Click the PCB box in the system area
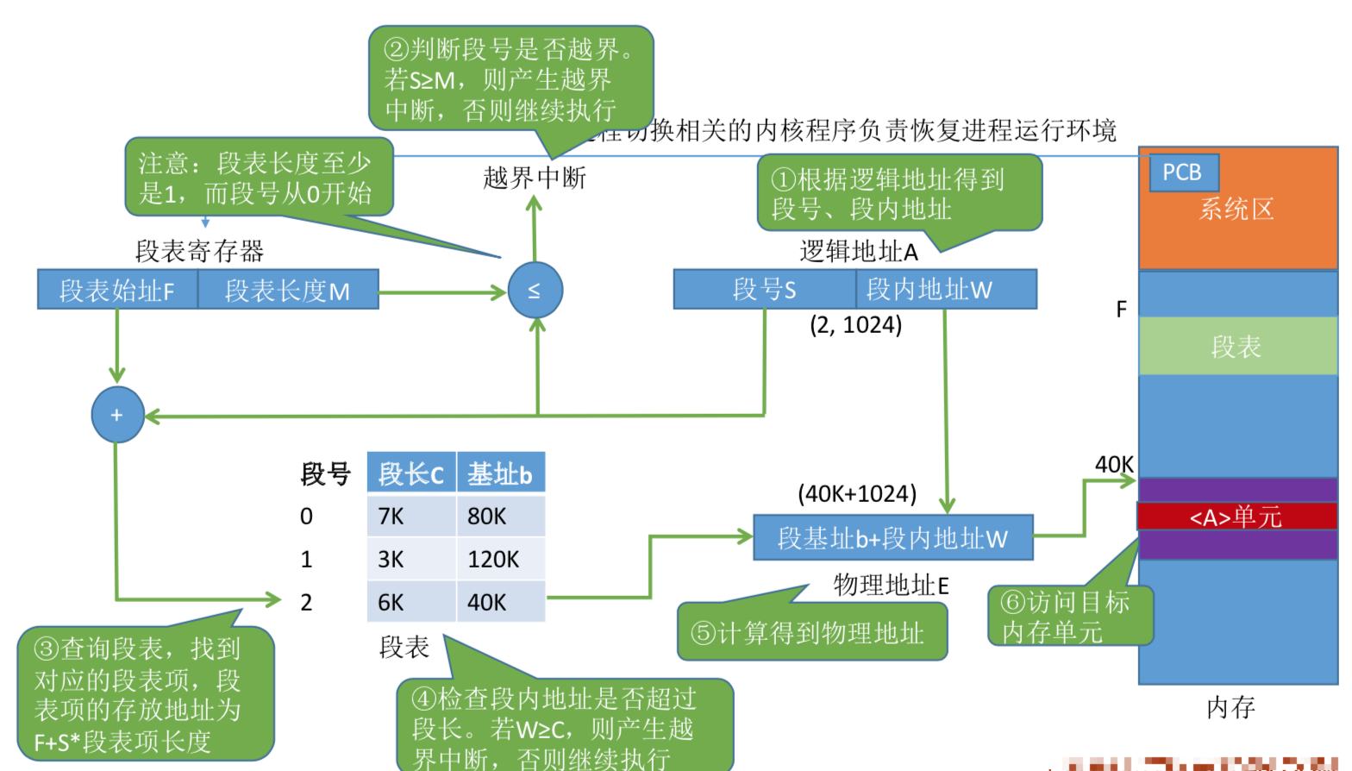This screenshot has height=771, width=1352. point(1183,172)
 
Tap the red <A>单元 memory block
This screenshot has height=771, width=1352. point(1236,517)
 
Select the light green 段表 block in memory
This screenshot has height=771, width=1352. point(1236,346)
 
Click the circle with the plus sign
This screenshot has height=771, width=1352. point(117,415)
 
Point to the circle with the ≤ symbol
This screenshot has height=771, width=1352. point(535,290)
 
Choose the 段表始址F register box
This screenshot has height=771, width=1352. point(117,290)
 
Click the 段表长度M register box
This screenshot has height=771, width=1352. point(288,290)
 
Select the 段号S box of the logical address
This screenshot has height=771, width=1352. point(764,289)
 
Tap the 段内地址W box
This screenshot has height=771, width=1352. point(946,289)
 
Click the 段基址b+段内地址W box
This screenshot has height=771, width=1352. point(892,538)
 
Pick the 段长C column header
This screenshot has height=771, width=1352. point(411,473)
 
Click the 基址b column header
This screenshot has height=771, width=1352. point(500,473)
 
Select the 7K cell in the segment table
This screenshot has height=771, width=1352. point(410,516)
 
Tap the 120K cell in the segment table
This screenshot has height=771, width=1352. point(500,559)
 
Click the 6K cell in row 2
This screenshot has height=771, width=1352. point(410,602)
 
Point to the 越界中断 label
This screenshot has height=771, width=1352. point(535,178)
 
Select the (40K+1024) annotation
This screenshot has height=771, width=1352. point(857,493)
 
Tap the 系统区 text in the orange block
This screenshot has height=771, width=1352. point(1236,210)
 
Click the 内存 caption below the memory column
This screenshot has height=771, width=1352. point(1230,707)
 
